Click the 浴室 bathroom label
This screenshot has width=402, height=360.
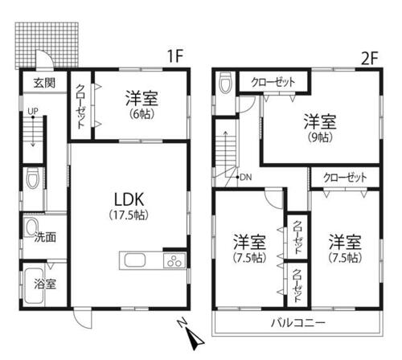pyautogui.click(x=45, y=284)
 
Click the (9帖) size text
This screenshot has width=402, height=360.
pyautogui.click(x=319, y=137)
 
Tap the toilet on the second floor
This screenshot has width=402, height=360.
pyautogui.click(x=225, y=83)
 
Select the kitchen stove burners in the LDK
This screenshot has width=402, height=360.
pyautogui.click(x=171, y=261)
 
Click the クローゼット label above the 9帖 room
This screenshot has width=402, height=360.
pyautogui.click(x=273, y=82)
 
